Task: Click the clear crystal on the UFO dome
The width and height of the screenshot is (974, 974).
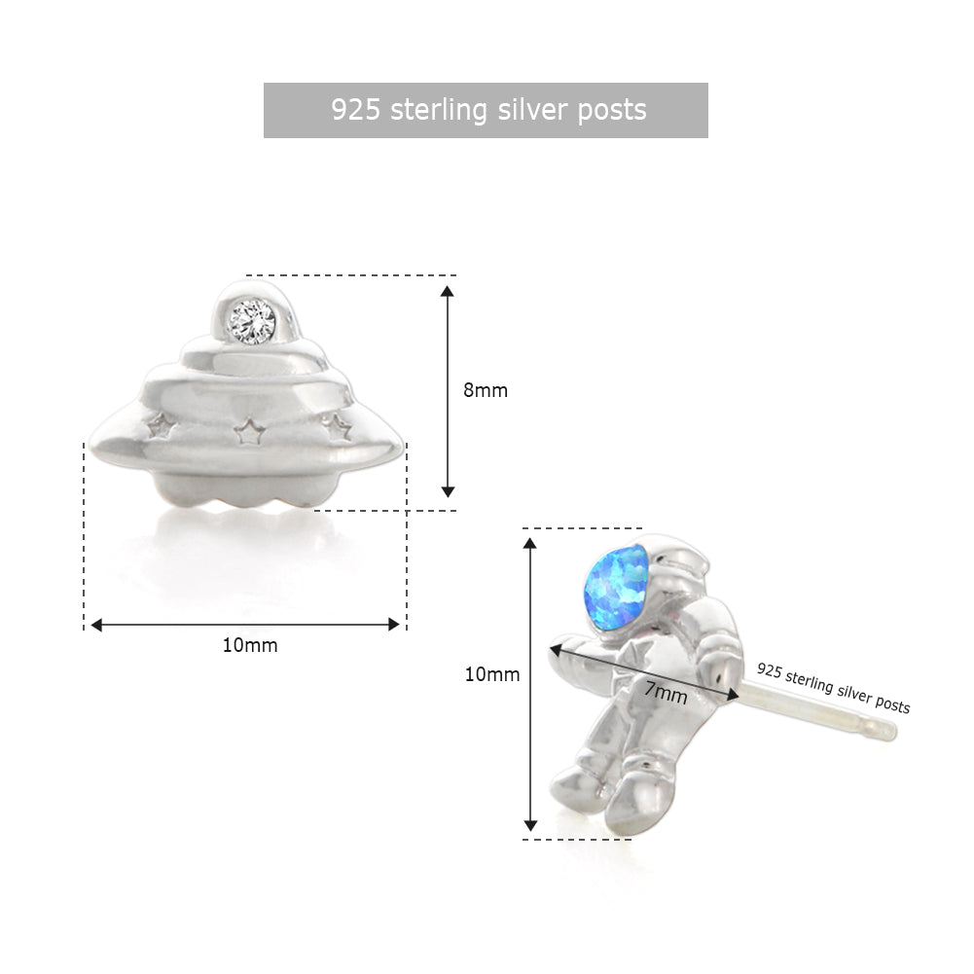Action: [252, 320]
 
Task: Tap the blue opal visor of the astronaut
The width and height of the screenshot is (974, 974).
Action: [616, 587]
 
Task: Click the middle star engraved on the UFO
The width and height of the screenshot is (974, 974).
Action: [248, 430]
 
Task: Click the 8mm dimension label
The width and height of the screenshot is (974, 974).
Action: [486, 390]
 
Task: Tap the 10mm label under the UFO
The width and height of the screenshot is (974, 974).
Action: [250, 645]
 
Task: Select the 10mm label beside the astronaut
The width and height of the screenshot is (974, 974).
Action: [492, 674]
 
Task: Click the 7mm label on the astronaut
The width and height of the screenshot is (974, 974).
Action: [666, 692]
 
